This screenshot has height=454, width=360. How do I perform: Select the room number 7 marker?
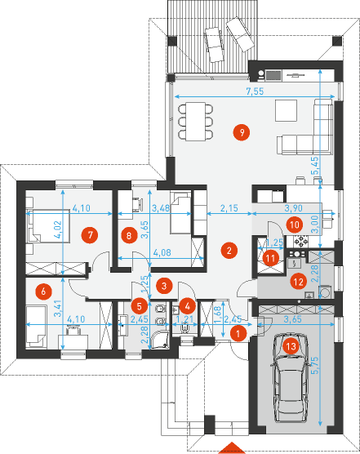(91, 234)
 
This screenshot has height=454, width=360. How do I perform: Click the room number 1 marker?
(237, 333)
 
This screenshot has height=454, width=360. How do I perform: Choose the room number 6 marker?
(43, 289)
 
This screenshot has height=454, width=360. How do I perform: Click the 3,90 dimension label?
(292, 210)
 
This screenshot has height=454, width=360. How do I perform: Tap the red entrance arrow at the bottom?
(233, 447)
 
